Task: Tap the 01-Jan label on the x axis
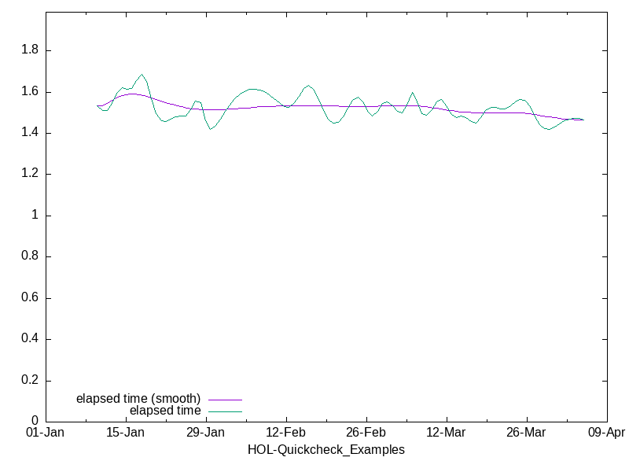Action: pyautogui.click(x=46, y=433)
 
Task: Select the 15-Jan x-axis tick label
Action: pyautogui.click(x=126, y=433)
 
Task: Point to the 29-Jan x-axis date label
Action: pyautogui.click(x=206, y=433)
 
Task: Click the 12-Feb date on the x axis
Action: pyautogui.click(x=286, y=433)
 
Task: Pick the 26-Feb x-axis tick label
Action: pyautogui.click(x=366, y=433)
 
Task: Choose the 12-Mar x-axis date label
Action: pyautogui.click(x=447, y=433)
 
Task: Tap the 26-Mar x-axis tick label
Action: pyautogui.click(x=526, y=433)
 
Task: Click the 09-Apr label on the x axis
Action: pyautogui.click(x=606, y=433)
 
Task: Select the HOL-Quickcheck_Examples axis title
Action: pyautogui.click(x=326, y=450)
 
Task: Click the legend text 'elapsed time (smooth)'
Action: pyautogui.click(x=138, y=398)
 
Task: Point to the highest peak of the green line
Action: pyautogui.click(x=142, y=75)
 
